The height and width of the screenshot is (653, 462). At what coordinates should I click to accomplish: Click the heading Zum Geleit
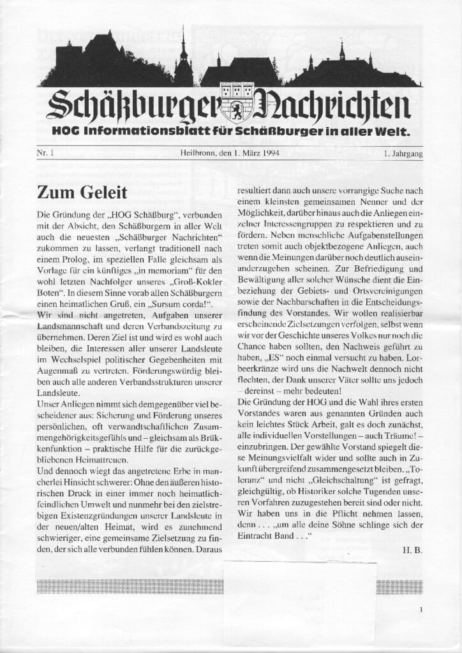click(x=82, y=191)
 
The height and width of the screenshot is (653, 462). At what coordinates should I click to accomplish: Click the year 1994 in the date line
click(x=269, y=153)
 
